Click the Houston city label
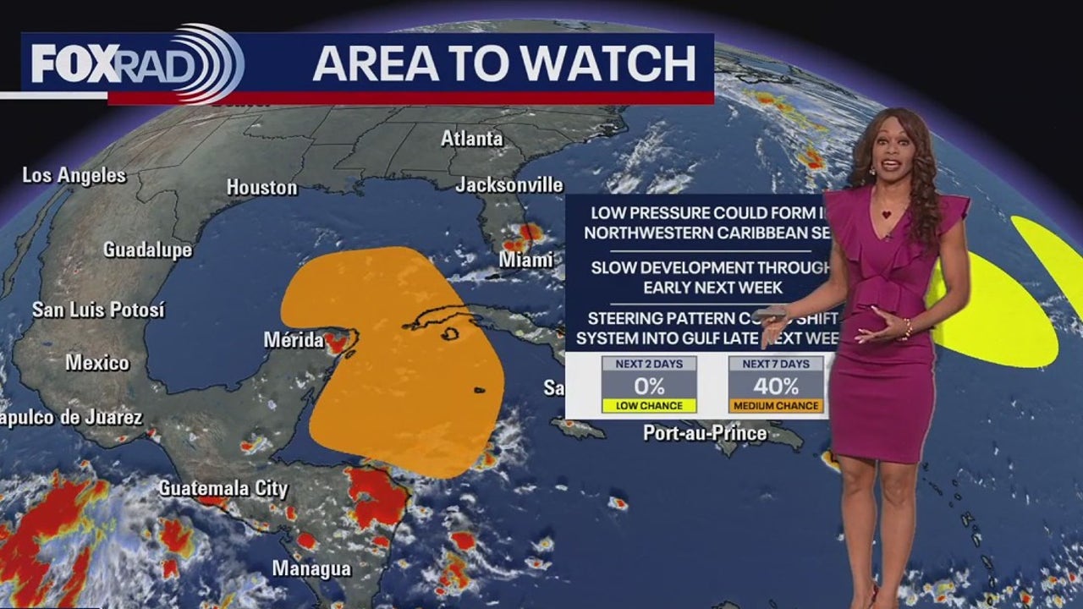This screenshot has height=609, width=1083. (262, 187)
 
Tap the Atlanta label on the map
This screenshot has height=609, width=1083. (471, 138)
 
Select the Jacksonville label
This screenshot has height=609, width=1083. (509, 184)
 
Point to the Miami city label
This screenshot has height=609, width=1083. (526, 260)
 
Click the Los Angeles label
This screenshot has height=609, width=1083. (74, 175)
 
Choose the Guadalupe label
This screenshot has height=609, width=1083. (147, 250)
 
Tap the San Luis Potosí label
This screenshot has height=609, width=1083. (98, 310)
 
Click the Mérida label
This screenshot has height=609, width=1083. (293, 340)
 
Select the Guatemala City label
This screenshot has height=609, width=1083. (223, 488)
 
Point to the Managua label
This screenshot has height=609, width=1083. (311, 568)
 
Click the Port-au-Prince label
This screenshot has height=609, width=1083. (705, 433)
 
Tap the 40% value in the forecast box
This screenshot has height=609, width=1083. (776, 387)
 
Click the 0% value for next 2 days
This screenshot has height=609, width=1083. (649, 387)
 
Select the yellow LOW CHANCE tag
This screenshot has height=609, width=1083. (649, 406)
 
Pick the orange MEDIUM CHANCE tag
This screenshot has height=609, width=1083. (776, 406)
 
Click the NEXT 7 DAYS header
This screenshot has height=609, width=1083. (776, 364)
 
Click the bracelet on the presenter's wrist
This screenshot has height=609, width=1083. (907, 326)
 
